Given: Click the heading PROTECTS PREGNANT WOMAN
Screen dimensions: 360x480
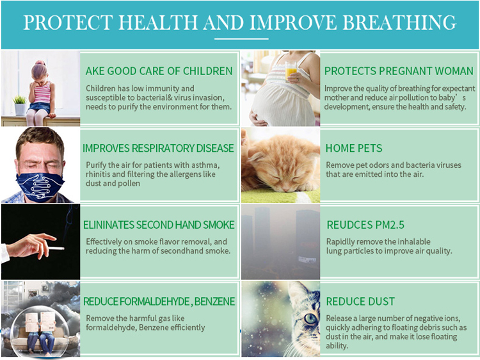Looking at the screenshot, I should point(398,70).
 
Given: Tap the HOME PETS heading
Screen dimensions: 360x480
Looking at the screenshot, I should point(353,148).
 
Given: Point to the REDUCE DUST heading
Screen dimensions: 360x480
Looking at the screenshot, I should point(360,301).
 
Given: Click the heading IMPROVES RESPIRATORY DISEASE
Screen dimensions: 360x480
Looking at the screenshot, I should point(158,148).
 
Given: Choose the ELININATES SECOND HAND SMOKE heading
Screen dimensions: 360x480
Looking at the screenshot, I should point(159,225).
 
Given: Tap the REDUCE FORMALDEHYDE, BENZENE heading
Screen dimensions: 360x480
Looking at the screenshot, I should point(159,301).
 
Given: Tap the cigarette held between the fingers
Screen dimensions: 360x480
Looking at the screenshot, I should point(55,248).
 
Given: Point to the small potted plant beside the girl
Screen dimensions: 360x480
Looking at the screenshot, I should point(19,104).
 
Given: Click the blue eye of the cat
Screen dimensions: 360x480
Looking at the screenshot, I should point(310,318).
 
